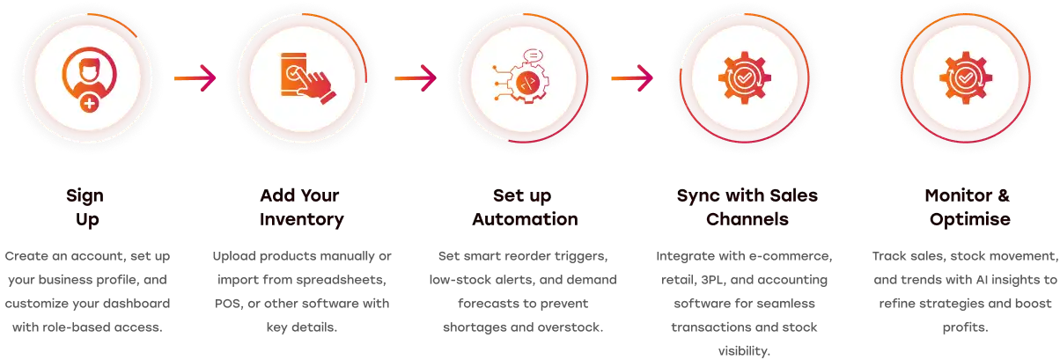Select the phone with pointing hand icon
(x=299, y=77)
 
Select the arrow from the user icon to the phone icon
(x=194, y=78)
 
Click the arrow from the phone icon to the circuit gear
(x=415, y=78)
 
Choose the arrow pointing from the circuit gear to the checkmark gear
(x=631, y=78)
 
